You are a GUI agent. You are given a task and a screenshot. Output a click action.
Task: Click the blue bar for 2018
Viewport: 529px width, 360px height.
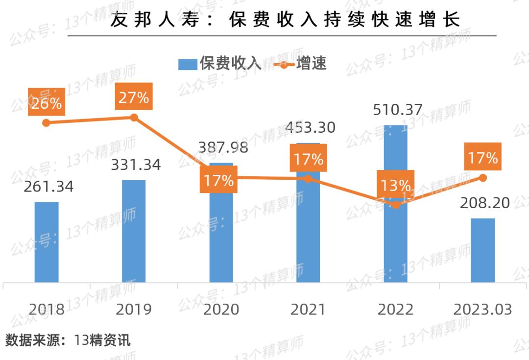coord(47,242)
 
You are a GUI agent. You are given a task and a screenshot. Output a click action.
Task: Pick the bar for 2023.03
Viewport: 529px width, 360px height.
coord(482,250)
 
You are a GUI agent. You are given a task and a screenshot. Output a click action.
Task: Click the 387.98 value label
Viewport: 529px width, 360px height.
coord(222,147)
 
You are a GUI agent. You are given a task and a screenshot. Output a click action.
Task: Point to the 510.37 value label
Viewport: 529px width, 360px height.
coord(397,109)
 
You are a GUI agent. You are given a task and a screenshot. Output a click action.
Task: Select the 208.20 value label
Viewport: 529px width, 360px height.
coord(484,202)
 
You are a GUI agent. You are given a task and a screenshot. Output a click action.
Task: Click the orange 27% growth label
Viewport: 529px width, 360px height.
coord(134,97)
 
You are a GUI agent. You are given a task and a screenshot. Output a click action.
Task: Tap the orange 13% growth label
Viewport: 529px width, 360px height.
coord(396,185)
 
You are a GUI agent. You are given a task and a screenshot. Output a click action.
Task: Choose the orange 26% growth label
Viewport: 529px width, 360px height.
coord(47,103)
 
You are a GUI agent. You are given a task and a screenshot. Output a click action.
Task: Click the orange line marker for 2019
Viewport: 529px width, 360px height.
coord(134,118)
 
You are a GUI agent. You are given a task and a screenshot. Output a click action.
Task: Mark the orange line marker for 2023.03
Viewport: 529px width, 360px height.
coord(483,178)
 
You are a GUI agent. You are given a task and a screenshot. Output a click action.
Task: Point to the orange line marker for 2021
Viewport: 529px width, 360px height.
coord(308,179)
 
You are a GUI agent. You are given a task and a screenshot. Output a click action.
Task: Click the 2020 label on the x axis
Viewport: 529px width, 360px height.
coord(221,310)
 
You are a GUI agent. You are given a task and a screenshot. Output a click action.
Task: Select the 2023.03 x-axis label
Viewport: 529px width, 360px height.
coord(482,310)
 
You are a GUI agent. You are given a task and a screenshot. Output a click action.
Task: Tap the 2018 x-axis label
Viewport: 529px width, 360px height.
coord(47,310)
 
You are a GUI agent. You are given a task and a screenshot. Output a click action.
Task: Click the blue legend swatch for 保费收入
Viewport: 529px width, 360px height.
coord(187,64)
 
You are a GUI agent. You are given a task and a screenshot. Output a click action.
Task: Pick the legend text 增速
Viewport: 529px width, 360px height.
coord(312,64)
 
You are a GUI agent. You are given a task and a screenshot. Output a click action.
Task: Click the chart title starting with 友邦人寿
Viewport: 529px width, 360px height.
coord(285,21)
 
